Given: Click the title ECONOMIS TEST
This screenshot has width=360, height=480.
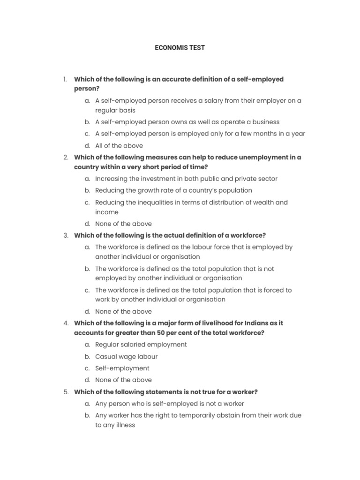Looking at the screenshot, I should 180,48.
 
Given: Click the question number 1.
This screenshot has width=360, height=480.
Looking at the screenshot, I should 65,79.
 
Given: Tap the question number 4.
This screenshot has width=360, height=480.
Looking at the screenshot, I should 66,323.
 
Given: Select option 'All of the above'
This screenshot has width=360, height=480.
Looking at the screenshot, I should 119,145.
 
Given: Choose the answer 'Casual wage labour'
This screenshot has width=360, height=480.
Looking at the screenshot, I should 126,356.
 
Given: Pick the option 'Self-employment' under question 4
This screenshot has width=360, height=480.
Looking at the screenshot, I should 122,368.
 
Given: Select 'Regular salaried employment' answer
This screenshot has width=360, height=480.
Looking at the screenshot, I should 141,345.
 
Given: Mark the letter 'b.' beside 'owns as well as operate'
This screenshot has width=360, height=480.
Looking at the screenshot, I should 87,122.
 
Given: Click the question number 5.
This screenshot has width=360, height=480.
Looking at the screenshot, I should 66,392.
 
